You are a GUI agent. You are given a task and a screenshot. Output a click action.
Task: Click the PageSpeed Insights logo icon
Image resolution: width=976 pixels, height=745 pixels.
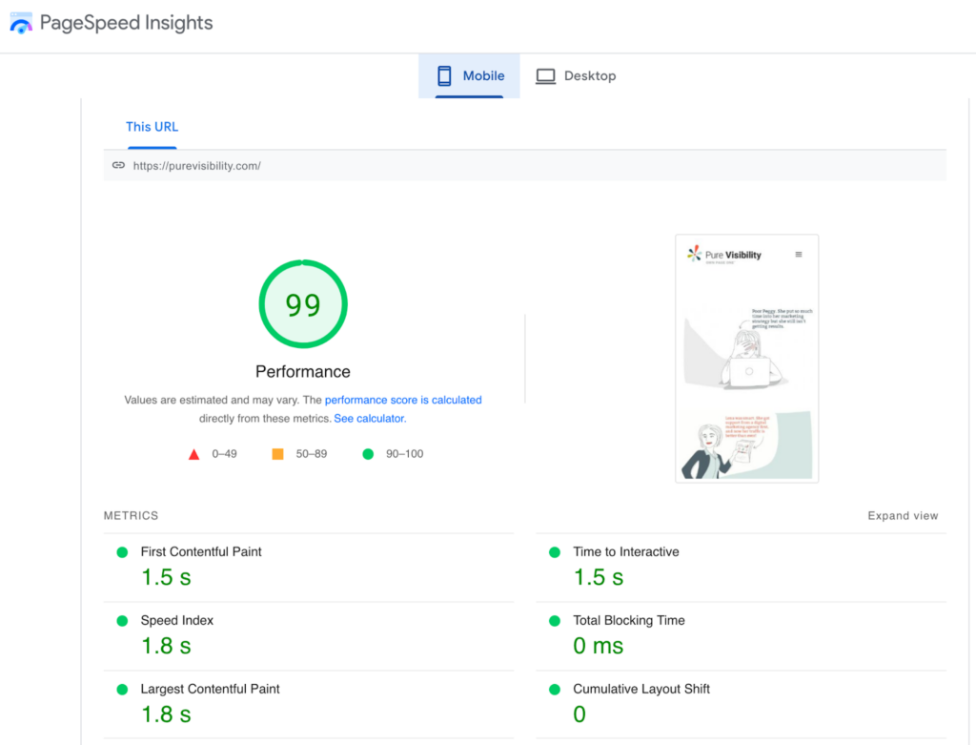click(21, 23)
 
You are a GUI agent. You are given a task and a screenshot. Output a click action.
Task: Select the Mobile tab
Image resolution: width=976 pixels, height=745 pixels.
click(469, 76)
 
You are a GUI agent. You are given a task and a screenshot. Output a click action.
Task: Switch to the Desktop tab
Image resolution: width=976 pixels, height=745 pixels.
click(576, 76)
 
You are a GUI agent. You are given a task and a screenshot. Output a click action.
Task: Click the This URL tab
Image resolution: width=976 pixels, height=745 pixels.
click(152, 127)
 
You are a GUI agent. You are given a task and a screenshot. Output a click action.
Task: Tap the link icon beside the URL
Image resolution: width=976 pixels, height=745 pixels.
click(118, 165)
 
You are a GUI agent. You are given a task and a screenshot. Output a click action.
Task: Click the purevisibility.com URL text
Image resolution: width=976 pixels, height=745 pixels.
click(197, 166)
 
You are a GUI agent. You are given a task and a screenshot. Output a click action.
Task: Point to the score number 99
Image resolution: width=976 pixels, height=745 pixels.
click(303, 305)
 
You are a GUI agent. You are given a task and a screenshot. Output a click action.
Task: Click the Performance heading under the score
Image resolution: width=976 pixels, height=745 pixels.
click(303, 372)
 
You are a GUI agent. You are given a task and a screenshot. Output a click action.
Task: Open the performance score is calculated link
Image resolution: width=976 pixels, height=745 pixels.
click(403, 401)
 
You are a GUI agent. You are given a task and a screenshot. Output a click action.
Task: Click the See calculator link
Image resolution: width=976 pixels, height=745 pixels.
click(370, 419)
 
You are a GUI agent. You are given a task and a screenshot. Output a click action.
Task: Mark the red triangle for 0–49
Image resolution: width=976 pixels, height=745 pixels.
click(194, 454)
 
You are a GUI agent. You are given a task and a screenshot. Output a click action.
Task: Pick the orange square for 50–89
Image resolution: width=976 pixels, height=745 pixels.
click(277, 454)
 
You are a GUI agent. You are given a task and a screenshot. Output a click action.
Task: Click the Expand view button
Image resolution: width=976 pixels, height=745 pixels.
click(903, 516)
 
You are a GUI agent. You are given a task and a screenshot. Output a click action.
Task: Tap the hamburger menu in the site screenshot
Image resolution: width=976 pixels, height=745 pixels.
click(799, 255)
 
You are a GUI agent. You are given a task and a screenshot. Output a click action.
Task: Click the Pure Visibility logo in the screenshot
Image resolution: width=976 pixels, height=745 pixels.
click(724, 255)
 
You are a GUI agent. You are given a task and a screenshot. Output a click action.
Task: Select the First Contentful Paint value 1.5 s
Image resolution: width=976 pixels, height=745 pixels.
click(166, 577)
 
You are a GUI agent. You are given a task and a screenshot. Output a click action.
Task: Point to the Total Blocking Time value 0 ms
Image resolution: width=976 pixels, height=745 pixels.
click(598, 646)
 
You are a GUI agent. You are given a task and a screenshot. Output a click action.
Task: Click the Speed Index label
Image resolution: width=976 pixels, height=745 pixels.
click(177, 620)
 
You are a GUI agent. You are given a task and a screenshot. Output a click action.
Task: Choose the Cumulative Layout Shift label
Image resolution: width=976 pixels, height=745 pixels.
click(641, 689)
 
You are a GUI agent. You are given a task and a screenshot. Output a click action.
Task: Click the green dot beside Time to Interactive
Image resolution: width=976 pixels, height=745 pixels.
click(555, 552)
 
